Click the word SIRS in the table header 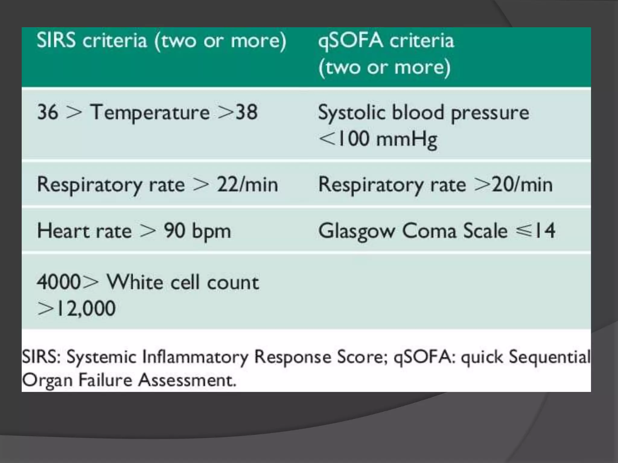click(56, 40)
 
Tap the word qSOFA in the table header click(350, 41)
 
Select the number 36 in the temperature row click(48, 112)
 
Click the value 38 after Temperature click(247, 112)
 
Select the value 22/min click(247, 184)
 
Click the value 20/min click(522, 184)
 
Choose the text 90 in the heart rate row click(174, 231)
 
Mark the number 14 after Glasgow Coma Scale click(545, 231)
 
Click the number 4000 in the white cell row click(59, 282)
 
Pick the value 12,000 click(86, 308)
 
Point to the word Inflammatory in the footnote click(195, 357)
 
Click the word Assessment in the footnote click(187, 380)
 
